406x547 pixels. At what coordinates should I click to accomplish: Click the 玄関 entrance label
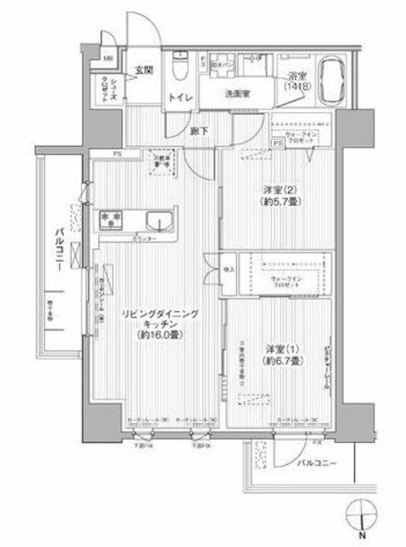pyautogui.click(x=143, y=70)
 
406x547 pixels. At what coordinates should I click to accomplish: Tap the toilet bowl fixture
pyautogui.click(x=180, y=65)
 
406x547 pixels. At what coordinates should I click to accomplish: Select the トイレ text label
pyautogui.click(x=179, y=99)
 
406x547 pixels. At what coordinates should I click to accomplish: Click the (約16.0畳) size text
pyautogui.click(x=160, y=337)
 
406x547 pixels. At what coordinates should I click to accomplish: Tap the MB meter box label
pyautogui.click(x=108, y=58)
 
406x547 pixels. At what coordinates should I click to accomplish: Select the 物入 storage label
pyautogui.click(x=228, y=267)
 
